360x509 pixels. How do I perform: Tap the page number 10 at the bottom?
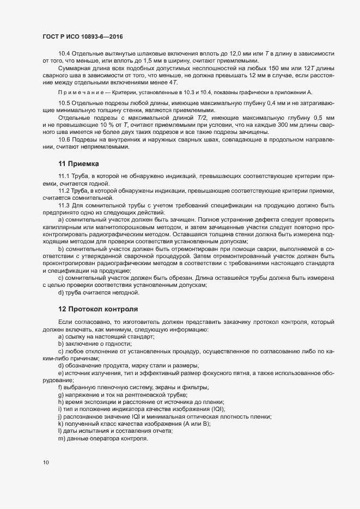[46, 462]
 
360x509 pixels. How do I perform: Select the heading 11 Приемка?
[78, 163]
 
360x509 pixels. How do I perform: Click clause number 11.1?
[64, 176]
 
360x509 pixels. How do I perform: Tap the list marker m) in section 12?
[62, 438]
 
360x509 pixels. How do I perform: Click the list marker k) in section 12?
[60, 423]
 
